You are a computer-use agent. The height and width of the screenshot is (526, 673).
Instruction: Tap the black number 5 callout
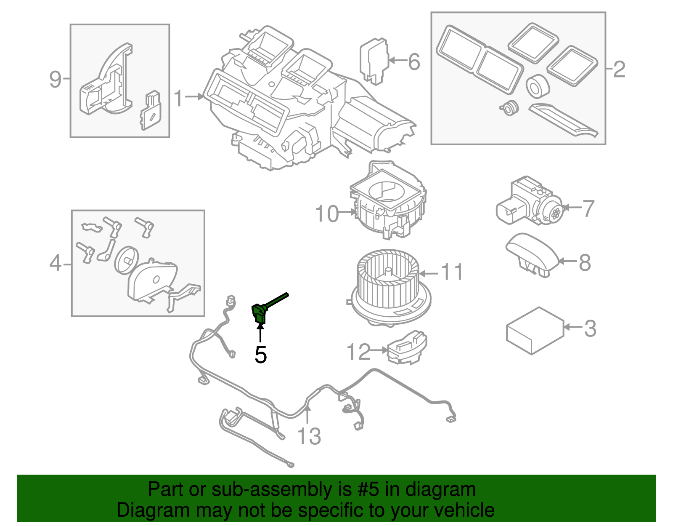pos(261,355)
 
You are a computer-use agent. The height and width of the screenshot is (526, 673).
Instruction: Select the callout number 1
pos(179,98)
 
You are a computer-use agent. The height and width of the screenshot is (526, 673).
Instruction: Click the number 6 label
pos(414,62)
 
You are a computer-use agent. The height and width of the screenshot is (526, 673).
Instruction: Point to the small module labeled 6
pos(373,60)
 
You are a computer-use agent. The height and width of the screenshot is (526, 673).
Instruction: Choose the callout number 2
pos(619,69)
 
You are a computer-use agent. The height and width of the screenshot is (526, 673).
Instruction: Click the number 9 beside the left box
pos(56,79)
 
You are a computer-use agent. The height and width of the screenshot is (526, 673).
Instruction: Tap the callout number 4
pos(56,264)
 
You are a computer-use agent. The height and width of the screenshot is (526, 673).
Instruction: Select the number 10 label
pos(327,214)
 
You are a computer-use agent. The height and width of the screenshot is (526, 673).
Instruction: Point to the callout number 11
pos(452,272)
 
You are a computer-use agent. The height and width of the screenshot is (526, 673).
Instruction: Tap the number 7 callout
pos(588,208)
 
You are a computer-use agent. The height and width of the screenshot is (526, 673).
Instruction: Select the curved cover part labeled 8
pos(532,254)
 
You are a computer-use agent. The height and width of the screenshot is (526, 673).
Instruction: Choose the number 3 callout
pos(590,328)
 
